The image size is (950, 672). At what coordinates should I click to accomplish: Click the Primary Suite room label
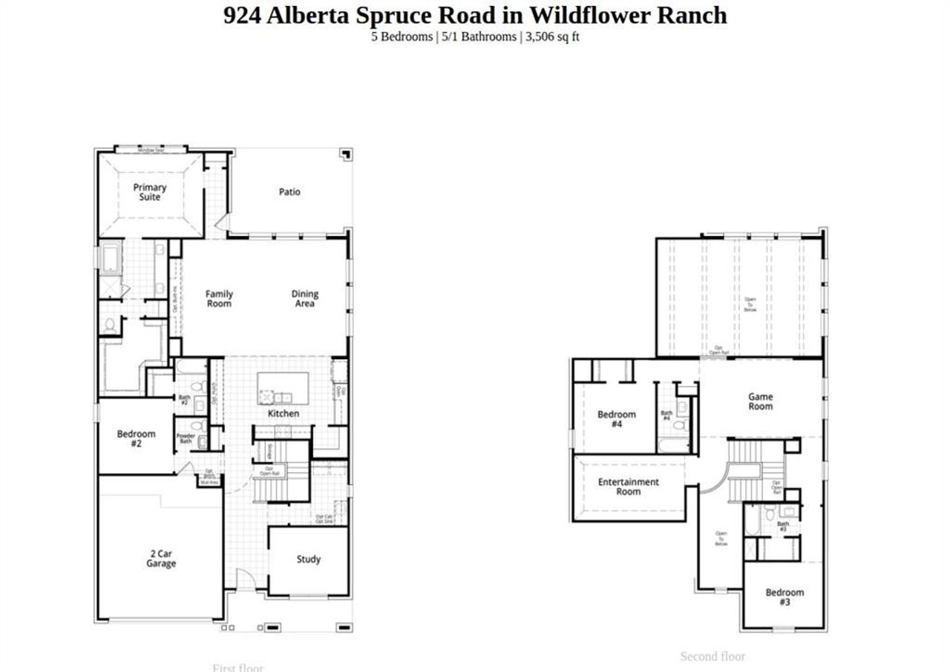tap(150, 192)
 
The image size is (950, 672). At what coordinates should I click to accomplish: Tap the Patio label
tap(289, 191)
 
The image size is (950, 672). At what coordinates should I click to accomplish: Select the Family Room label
tap(219, 298)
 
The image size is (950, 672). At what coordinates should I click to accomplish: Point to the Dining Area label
tap(304, 298)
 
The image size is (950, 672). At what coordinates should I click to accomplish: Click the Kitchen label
tap(284, 413)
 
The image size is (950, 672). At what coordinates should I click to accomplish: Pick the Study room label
tap(308, 559)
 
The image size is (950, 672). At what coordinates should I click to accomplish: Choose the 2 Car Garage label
tap(160, 559)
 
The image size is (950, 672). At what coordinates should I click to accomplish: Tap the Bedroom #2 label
tap(136, 438)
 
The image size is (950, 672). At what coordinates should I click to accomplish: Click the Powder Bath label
tap(186, 438)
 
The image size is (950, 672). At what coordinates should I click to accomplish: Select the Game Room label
tap(760, 401)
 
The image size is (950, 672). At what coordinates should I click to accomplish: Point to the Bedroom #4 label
tap(616, 419)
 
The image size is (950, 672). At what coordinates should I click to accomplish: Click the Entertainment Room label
tap(628, 487)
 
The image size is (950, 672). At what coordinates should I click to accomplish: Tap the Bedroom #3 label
tap(784, 597)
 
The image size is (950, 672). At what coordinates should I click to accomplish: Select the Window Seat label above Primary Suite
tap(151, 150)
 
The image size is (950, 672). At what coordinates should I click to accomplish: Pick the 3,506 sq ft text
tap(552, 36)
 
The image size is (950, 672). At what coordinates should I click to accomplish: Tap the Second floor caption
tap(712, 656)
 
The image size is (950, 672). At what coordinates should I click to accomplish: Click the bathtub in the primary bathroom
tap(111, 260)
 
